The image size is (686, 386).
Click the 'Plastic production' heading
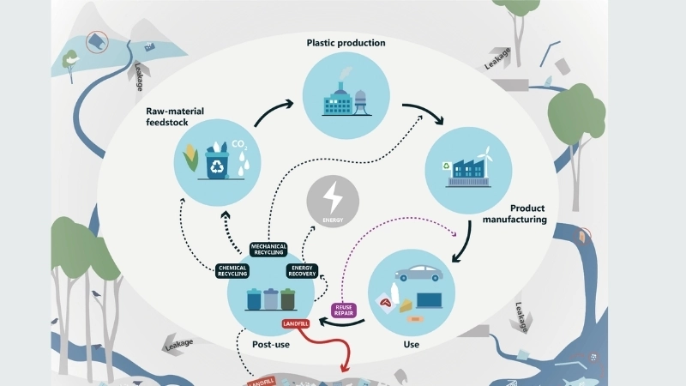coord(346,43)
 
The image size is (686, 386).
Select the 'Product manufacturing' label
coord(515,214)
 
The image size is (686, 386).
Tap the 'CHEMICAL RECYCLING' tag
coord(233,271)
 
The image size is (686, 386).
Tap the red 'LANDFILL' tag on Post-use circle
coord(298,325)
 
